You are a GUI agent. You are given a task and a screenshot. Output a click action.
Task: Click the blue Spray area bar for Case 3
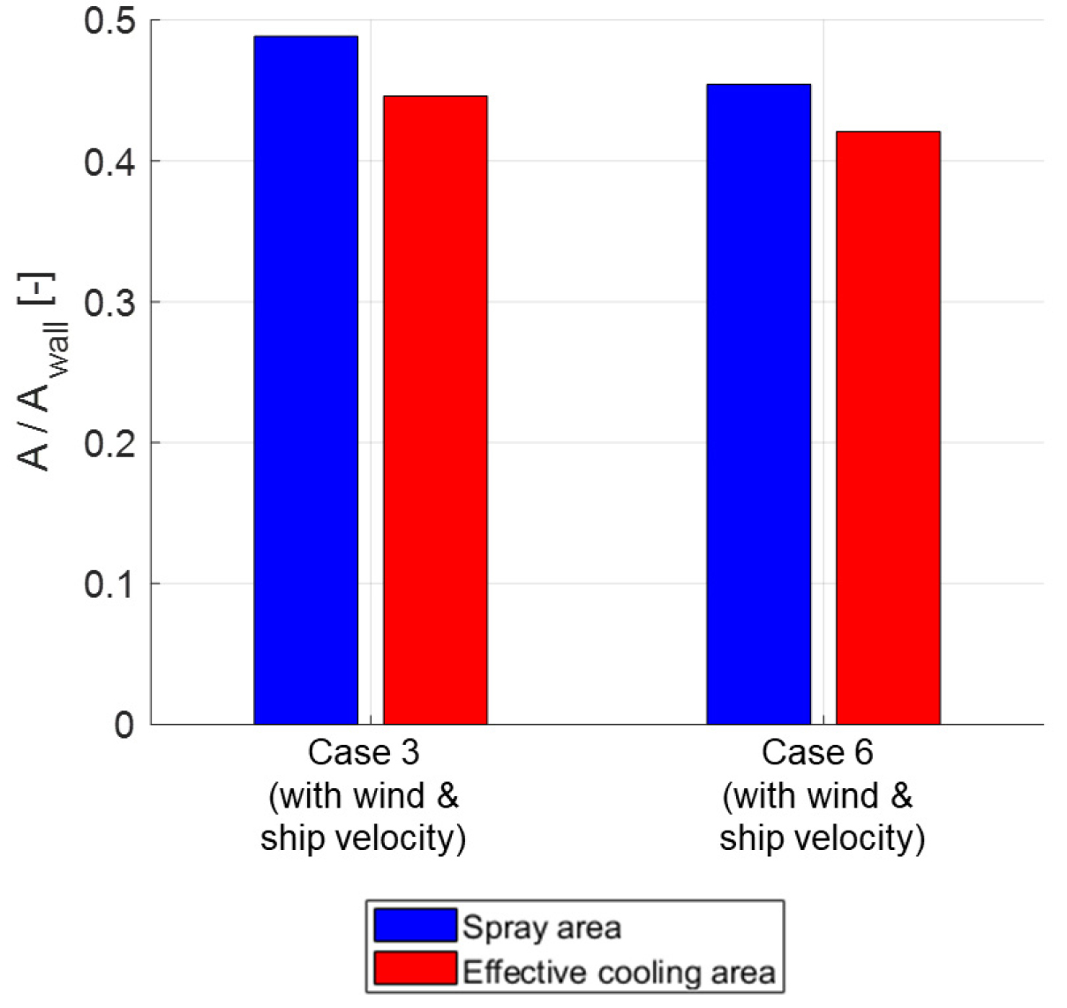(x=305, y=380)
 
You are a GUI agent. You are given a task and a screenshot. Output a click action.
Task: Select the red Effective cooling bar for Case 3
(x=435, y=410)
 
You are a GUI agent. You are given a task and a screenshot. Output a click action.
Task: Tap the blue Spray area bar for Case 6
(x=758, y=403)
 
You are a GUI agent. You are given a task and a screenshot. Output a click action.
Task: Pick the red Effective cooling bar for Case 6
(x=888, y=427)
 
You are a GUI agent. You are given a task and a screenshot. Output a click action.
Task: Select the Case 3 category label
(x=363, y=753)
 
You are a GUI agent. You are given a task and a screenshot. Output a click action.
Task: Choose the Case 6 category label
(x=817, y=753)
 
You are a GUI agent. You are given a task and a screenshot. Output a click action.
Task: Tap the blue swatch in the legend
(x=415, y=925)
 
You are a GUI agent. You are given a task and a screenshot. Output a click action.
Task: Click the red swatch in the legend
(x=415, y=969)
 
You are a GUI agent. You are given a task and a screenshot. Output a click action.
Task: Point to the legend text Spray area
(x=542, y=928)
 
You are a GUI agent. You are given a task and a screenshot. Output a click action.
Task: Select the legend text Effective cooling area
(x=619, y=972)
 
